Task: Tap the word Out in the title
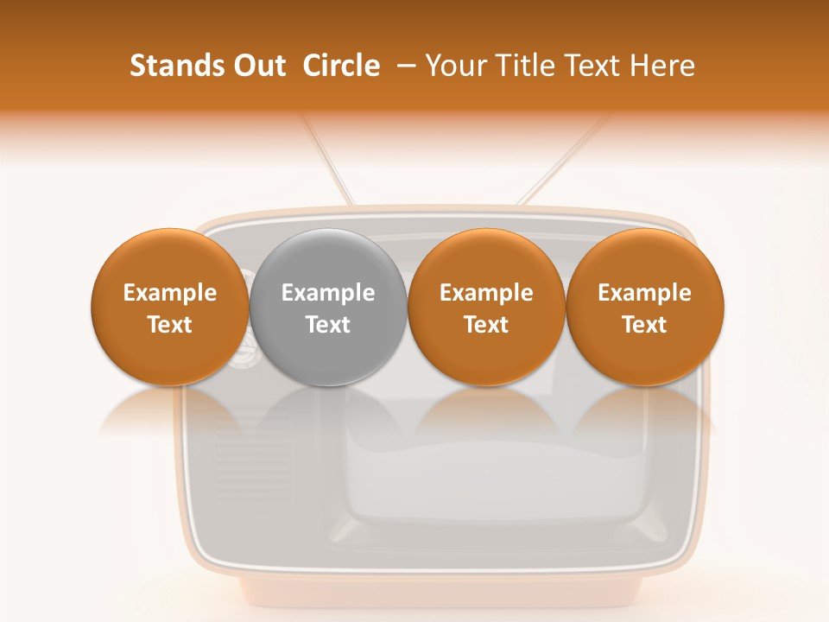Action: [x=257, y=66]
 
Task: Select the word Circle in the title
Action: [x=341, y=66]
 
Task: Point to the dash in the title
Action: [x=403, y=67]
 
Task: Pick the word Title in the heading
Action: [x=526, y=66]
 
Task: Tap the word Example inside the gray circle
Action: [x=328, y=293]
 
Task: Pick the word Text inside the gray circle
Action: [x=328, y=325]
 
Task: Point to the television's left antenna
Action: [x=326, y=160]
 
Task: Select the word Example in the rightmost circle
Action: [x=645, y=293]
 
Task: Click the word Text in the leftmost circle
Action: [x=170, y=325]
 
